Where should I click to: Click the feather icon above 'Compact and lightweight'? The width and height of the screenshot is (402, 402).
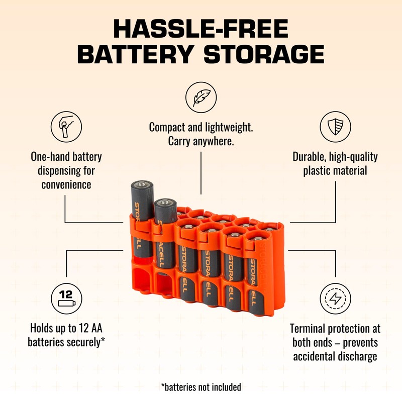coord(201,97)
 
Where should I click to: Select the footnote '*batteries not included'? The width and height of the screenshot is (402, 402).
coord(201,387)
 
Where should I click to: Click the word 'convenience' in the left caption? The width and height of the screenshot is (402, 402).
coord(66,184)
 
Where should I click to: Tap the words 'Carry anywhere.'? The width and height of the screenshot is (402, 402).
coord(201,141)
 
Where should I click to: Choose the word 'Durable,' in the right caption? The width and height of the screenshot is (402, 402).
coord(310,157)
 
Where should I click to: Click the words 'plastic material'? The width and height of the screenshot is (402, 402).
coord(335,170)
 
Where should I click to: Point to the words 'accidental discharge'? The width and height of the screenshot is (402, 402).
coord(335,357)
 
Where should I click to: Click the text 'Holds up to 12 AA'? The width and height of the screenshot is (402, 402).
coord(66,329)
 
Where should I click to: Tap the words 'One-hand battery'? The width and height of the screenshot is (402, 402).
coord(66,157)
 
